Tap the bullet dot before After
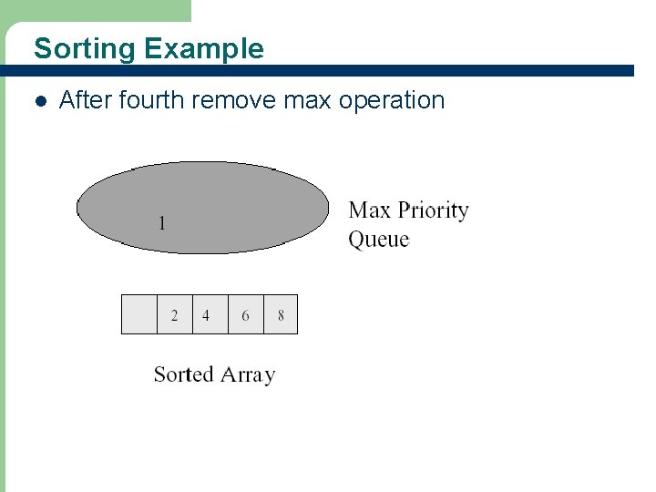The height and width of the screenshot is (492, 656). pos(38,100)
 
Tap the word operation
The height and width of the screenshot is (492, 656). pos(392,100)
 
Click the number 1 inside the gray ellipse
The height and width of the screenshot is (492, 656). pos(162,222)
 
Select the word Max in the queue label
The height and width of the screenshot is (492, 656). pos(369,210)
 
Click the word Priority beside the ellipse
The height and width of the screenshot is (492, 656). pos(433,211)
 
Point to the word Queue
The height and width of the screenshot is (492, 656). pos(379,240)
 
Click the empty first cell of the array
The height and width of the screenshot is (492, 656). pos(139,315)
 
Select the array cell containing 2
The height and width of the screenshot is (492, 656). pos(175,315)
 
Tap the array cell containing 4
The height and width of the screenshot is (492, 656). pos(210,315)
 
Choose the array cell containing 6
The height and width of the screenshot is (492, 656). pos(245,315)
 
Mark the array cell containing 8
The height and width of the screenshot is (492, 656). pos(281,315)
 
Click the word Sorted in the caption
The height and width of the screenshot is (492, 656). pos(183,374)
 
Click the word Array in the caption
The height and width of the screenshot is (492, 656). pos(247,375)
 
